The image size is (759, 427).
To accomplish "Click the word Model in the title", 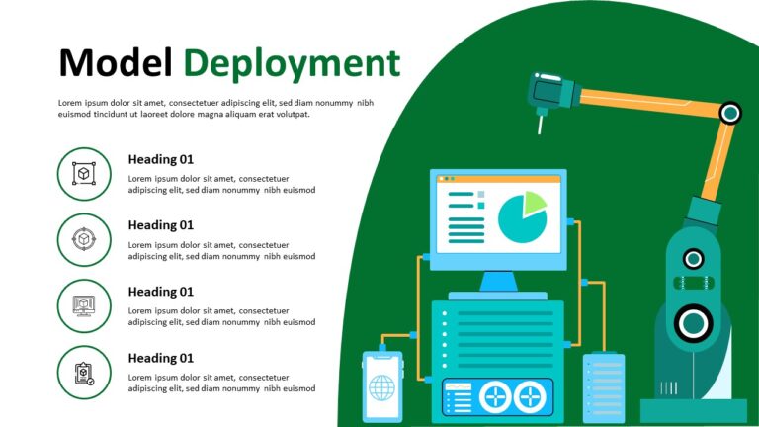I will (x=116, y=63).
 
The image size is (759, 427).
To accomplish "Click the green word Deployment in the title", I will (x=292, y=63).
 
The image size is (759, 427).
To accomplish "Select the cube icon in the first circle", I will (x=84, y=174).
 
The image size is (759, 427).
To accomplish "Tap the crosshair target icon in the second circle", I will (x=84, y=240).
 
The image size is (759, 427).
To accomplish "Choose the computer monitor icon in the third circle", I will (x=84, y=306).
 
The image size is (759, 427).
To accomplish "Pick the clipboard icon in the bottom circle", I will (x=84, y=373).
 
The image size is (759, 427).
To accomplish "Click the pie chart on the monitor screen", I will (x=522, y=218).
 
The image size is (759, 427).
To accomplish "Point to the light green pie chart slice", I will (x=535, y=203).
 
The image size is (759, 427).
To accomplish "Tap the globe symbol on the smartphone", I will (x=381, y=387).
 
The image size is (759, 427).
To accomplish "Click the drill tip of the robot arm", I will (x=540, y=127).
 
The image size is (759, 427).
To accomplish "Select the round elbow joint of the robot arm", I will (x=729, y=113).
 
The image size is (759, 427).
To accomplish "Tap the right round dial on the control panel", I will (x=532, y=397).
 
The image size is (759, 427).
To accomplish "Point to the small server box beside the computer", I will (x=603, y=387).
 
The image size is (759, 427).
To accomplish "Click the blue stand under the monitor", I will (x=498, y=282).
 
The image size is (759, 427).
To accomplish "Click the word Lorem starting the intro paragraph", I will (x=70, y=102).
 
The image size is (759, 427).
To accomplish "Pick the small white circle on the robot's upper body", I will (x=694, y=259).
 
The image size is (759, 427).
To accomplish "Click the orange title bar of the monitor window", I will (x=498, y=179).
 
